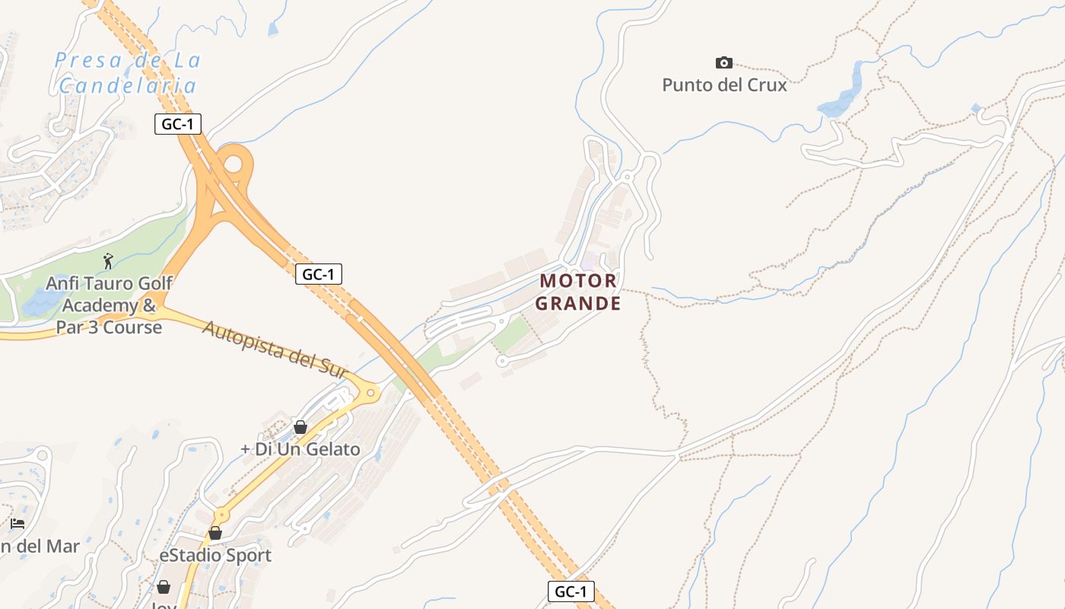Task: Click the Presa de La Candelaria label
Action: tap(127, 72)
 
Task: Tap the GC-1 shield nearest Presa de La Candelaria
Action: tap(178, 123)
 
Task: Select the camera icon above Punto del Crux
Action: tap(724, 62)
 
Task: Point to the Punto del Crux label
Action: tap(724, 84)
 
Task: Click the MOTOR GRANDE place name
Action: tap(578, 292)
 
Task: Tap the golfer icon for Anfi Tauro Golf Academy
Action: tap(108, 261)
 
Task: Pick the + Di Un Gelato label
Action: tap(300, 449)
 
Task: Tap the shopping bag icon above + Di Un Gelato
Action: tap(300, 427)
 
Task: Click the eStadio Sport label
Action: tap(215, 555)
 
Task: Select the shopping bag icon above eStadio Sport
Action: tap(215, 533)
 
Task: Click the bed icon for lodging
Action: tap(17, 524)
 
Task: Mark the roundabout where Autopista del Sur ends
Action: tap(370, 394)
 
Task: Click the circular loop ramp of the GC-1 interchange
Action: tap(234, 163)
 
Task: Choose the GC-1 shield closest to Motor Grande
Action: tap(319, 274)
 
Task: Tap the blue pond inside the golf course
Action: tap(38, 304)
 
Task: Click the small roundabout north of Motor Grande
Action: tap(627, 177)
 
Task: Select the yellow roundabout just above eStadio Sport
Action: tap(221, 515)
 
